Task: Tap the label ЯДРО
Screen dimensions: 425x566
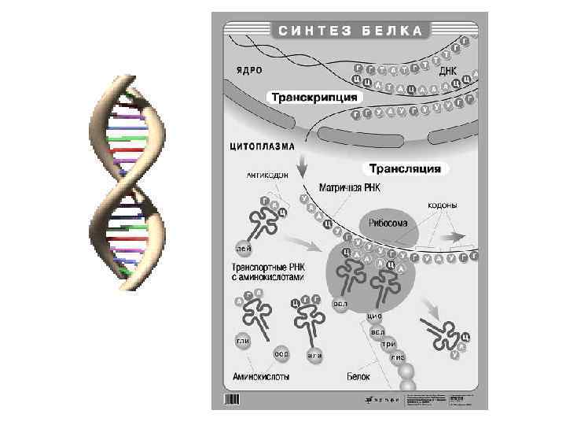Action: coord(246,70)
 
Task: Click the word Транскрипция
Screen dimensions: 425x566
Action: coord(314,97)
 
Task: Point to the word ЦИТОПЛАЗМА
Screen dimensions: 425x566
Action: coord(263,146)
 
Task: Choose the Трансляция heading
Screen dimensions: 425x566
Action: coord(406,168)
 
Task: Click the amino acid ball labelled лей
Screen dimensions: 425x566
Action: coord(243,249)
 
